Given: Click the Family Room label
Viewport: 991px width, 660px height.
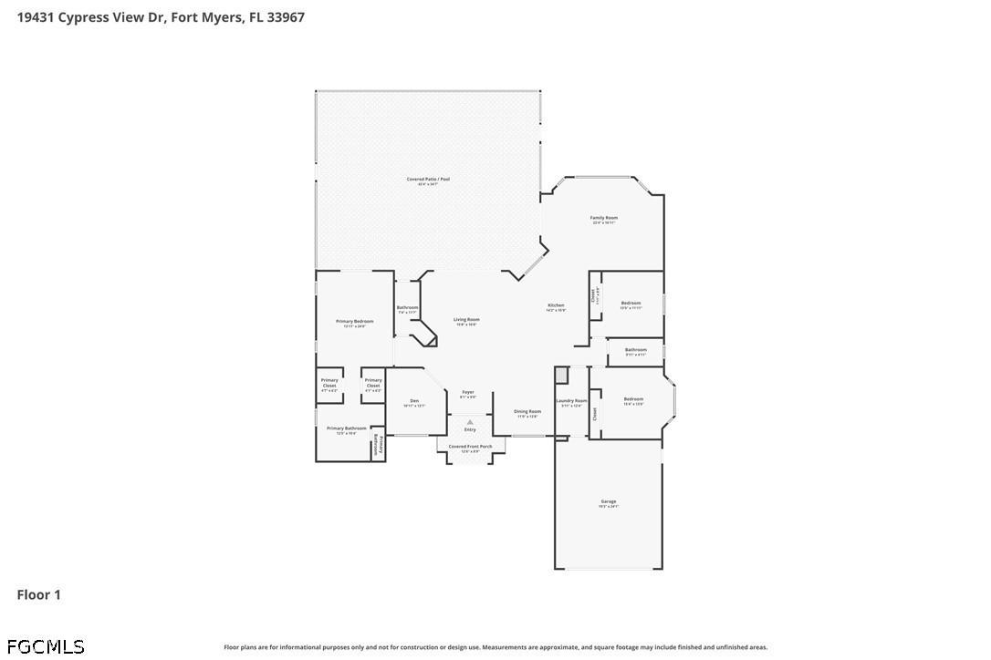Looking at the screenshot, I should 604,219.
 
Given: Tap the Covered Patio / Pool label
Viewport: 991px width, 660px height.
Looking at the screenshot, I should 428,180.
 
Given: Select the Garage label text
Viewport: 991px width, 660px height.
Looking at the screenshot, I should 609,502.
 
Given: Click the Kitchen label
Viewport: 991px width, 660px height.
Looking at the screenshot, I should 556,306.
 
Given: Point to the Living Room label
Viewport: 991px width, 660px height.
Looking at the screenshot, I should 466,321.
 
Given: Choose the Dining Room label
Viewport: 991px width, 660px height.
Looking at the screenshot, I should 527,412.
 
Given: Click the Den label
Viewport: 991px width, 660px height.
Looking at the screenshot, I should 414,402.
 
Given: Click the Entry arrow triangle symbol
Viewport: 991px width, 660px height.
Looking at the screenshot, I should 470,422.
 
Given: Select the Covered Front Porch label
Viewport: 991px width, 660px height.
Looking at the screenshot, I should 470,448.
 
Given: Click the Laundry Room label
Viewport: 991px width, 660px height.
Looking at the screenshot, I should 571,402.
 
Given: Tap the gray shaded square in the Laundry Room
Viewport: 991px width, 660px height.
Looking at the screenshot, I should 562,375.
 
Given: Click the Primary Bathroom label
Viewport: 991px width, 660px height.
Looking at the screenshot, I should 347,429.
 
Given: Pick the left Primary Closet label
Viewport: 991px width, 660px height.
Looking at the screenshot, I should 329,383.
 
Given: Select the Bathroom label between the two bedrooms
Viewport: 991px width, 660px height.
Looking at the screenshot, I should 636,351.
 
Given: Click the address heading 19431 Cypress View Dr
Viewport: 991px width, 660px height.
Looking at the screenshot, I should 161,16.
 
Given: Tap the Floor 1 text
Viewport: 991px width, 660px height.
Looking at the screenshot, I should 39,594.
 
